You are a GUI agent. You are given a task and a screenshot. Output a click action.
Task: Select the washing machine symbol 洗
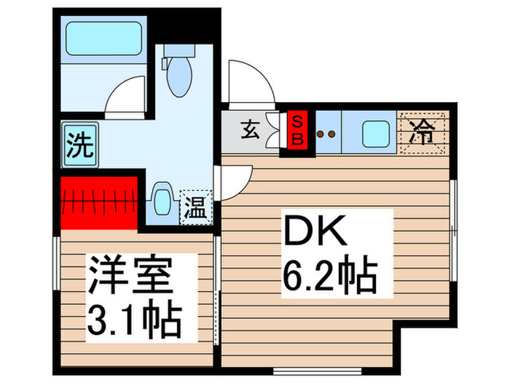79,144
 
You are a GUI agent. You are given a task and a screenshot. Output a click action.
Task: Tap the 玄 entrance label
250,132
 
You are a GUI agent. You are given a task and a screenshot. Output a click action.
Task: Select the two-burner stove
326,134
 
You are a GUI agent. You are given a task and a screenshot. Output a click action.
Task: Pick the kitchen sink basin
377,133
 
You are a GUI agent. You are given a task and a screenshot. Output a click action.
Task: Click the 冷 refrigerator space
425,132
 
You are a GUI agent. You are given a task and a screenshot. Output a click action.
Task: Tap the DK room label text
312,233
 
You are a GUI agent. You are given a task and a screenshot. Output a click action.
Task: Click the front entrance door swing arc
249,82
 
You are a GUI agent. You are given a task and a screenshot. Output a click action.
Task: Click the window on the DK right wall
454,212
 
